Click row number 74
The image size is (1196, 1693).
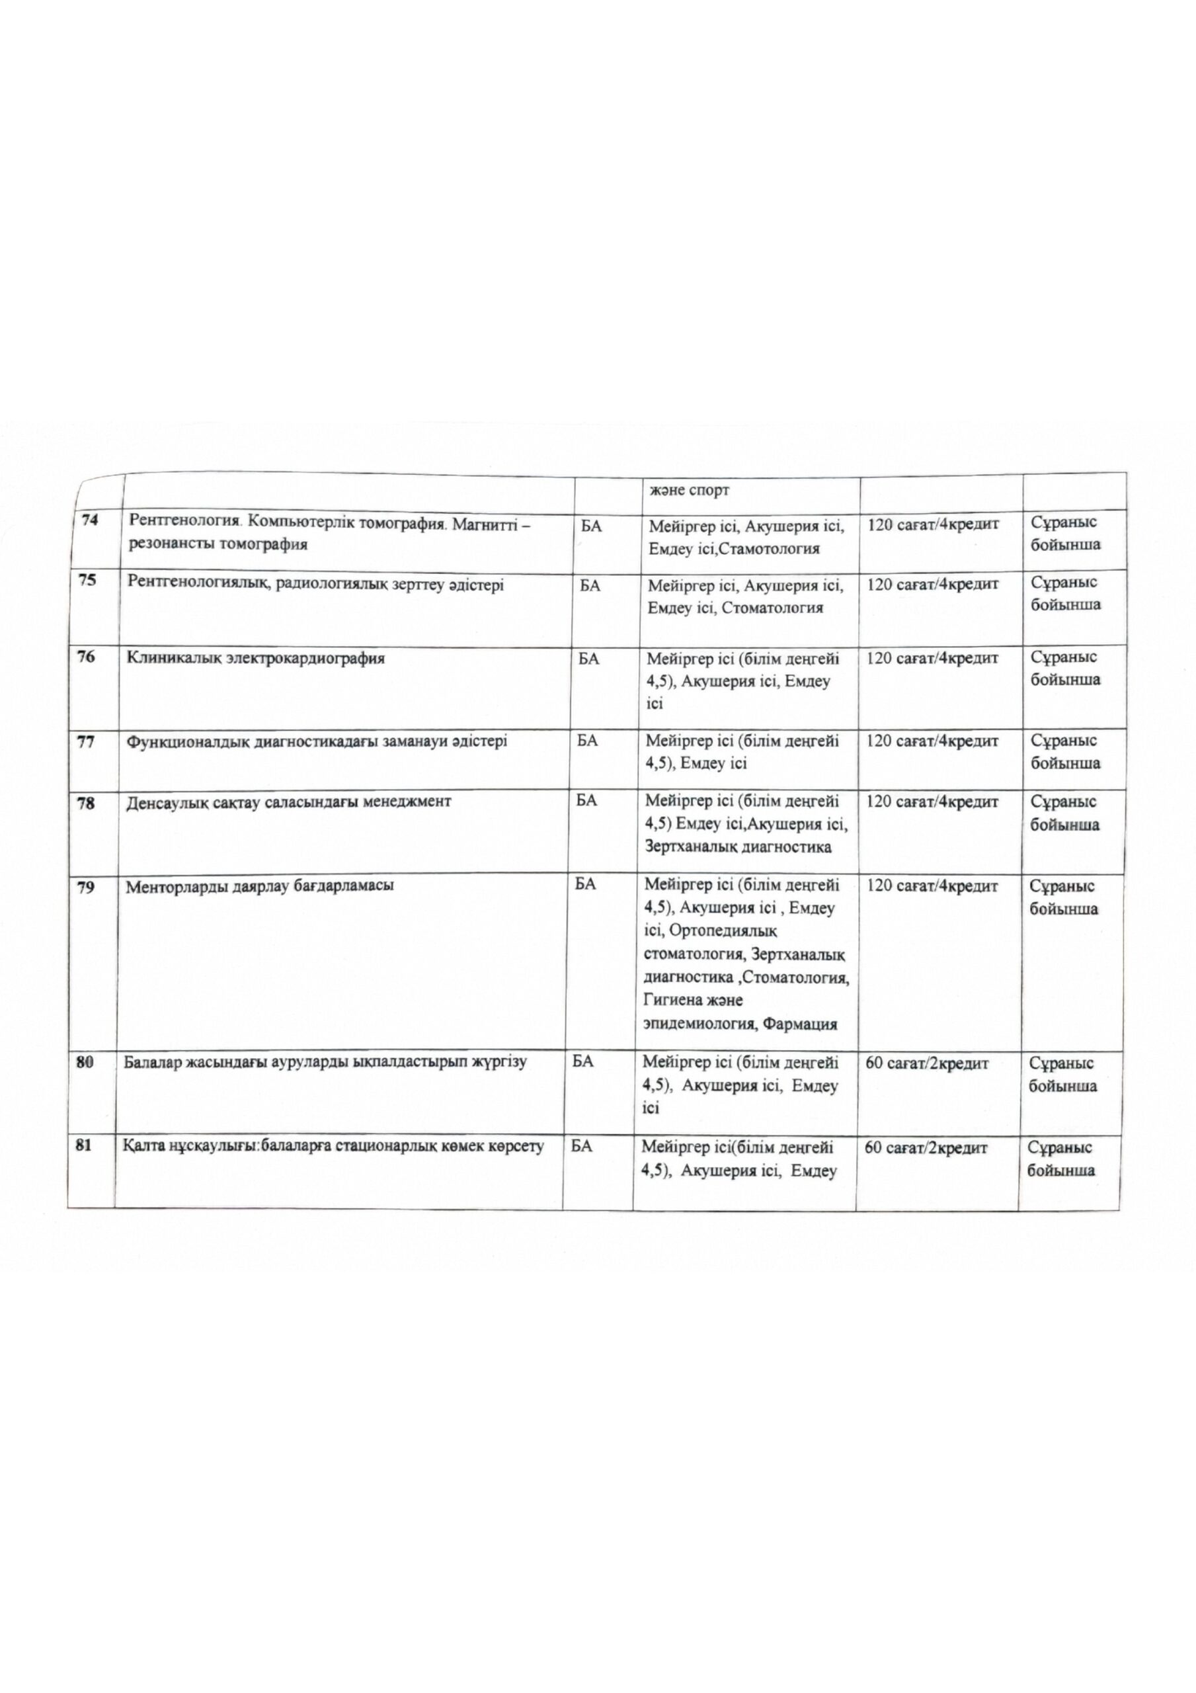pos(90,520)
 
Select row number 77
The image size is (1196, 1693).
pos(86,742)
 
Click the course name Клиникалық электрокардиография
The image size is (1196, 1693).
pos(256,659)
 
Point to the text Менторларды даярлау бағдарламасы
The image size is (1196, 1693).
pos(260,886)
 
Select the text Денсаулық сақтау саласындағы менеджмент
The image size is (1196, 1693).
pos(288,802)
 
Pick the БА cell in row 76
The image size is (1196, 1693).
pos(588,659)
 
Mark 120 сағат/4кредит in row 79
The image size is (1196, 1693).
pos(933,886)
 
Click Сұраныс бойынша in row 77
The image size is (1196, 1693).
pos(1064,751)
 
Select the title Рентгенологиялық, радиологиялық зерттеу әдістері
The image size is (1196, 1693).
pos(315,584)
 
